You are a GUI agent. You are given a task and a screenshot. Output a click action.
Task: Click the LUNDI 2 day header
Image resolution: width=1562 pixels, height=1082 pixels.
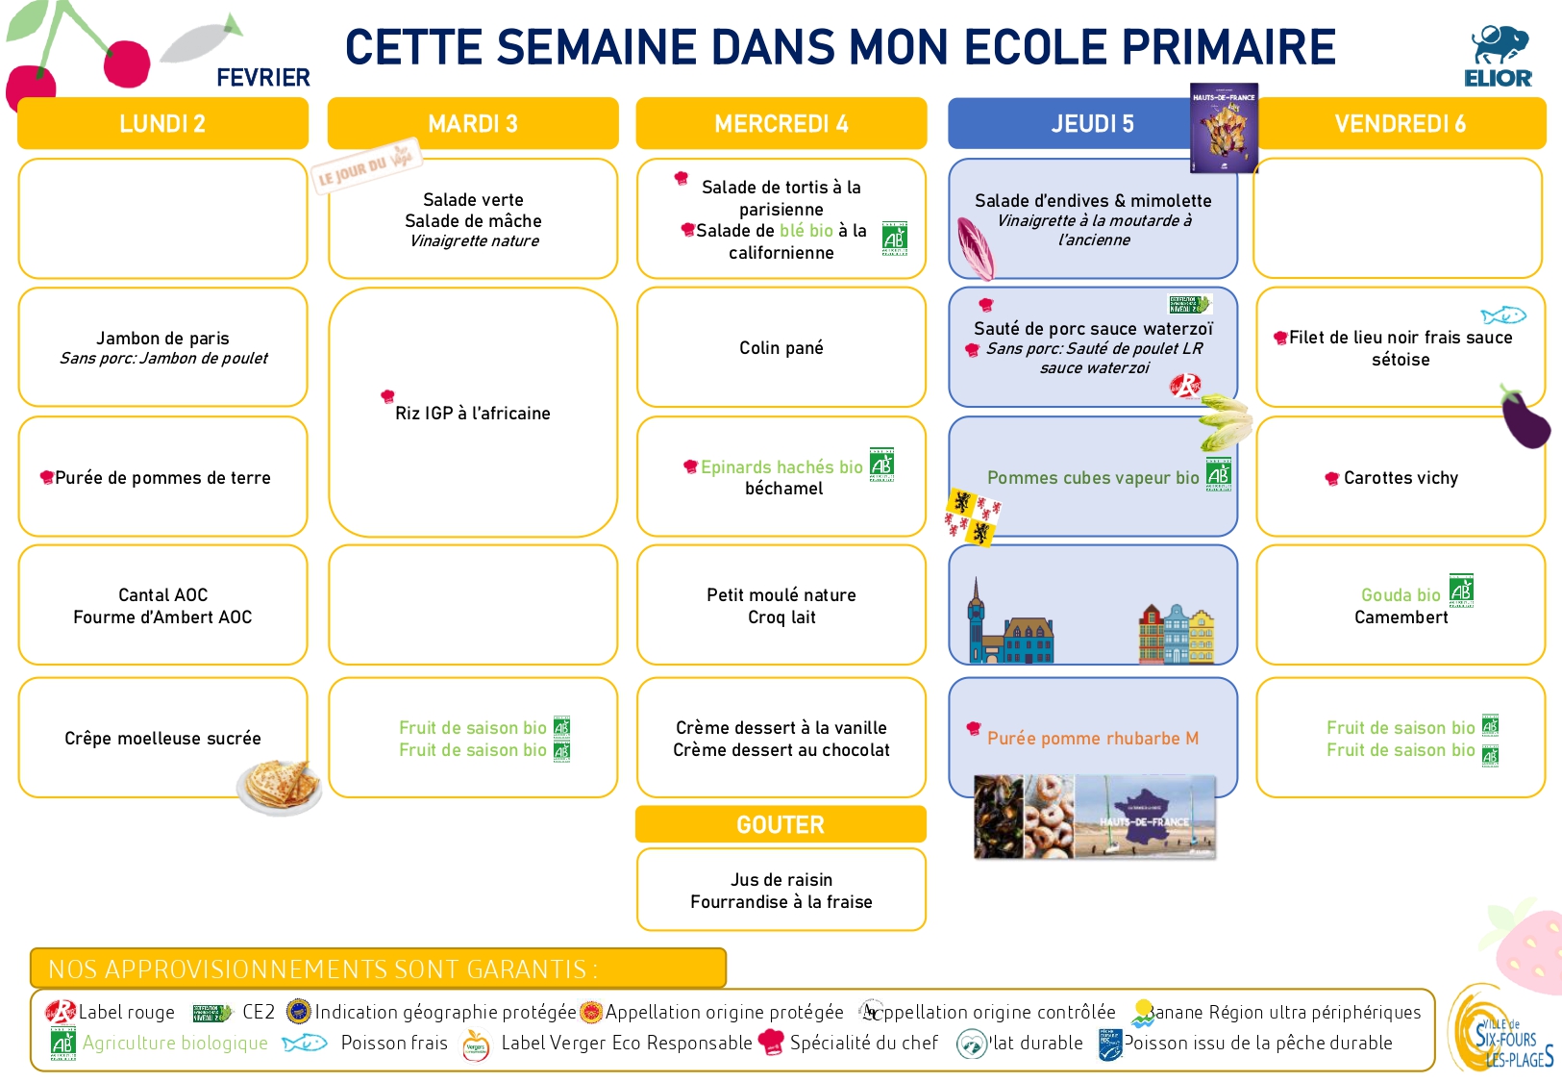point(162,123)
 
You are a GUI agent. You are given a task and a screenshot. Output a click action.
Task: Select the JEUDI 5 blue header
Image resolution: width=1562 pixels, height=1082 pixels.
point(1092,123)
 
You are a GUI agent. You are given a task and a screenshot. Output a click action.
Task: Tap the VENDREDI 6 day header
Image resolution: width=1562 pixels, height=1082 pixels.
point(1400,123)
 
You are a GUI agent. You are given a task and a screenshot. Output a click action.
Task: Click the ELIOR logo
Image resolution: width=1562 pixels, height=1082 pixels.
point(1498,57)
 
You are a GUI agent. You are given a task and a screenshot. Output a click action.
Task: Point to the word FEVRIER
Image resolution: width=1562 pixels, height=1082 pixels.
point(263,78)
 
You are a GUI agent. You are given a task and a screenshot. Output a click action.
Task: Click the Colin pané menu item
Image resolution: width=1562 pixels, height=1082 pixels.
point(781,348)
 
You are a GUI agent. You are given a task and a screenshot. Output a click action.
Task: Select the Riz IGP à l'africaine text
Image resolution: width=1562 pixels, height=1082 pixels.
point(472,414)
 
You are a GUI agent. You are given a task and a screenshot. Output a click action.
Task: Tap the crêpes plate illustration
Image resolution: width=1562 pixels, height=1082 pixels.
point(280,786)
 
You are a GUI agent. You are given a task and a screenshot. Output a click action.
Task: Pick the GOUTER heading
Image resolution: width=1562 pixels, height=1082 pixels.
point(781,825)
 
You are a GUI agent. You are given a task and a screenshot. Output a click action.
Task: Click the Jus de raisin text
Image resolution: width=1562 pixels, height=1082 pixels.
point(781,880)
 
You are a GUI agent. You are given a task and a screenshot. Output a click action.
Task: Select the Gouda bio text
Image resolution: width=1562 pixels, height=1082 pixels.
point(1400,595)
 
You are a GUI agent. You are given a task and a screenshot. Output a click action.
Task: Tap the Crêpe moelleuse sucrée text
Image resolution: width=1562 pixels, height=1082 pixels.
point(162,739)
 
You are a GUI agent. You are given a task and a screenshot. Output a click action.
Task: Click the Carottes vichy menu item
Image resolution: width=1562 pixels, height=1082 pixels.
point(1400,478)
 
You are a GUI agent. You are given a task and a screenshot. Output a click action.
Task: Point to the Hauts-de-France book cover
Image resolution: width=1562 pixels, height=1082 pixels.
point(1224,128)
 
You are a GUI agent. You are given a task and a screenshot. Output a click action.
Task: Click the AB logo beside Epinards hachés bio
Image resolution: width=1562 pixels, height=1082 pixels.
point(881,465)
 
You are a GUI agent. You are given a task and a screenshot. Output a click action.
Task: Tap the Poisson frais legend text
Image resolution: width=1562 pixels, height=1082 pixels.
point(394,1043)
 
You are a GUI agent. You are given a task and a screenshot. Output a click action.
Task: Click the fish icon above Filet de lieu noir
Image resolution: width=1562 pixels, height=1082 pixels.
point(1502,315)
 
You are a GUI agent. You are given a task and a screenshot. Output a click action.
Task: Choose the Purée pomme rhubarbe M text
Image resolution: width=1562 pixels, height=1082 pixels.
point(1092,739)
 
